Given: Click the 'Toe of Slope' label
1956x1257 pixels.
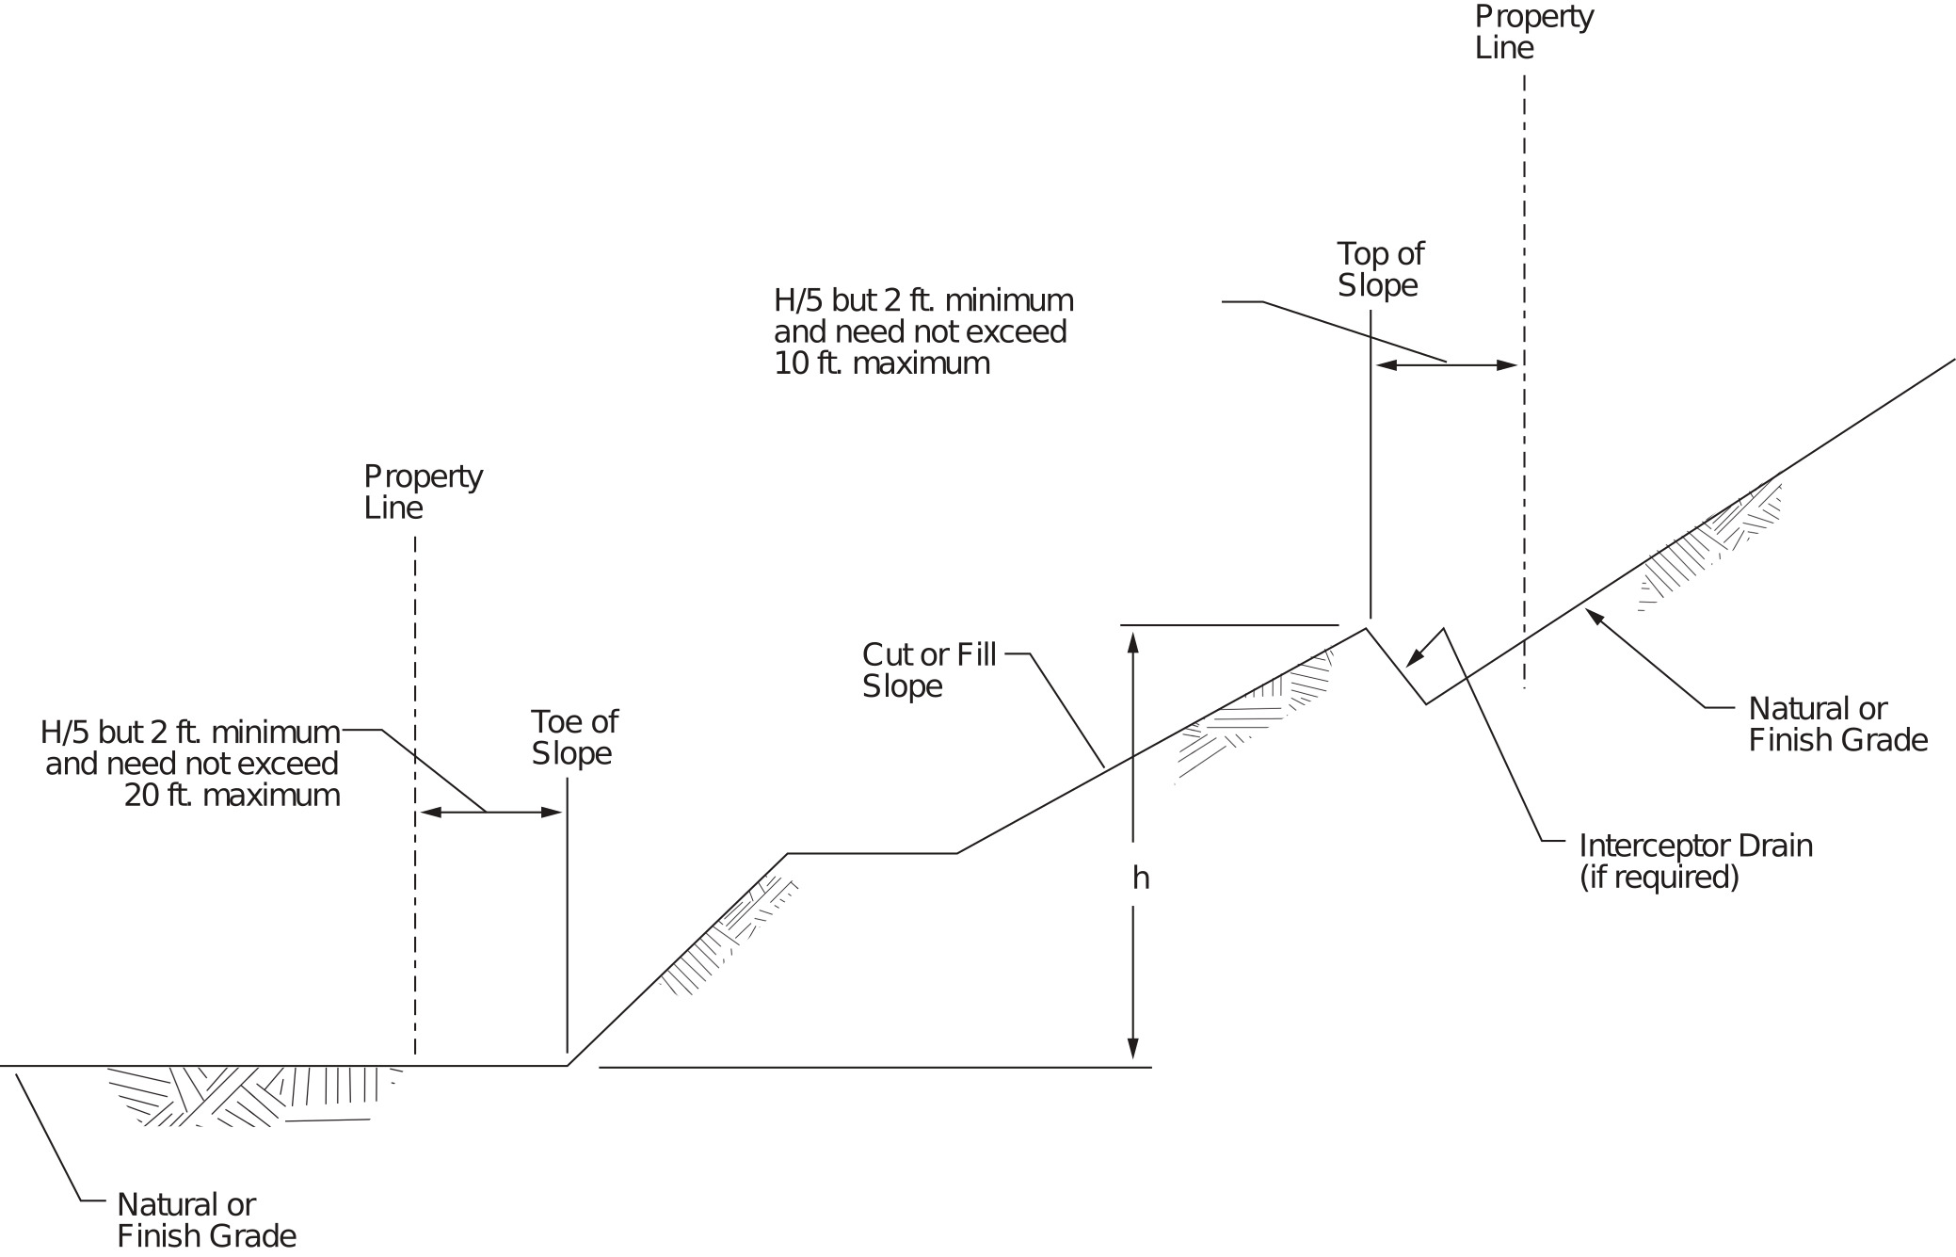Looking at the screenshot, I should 573,737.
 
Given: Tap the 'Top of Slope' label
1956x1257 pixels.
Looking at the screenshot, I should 1380,269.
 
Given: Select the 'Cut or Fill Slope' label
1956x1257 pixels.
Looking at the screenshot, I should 928,670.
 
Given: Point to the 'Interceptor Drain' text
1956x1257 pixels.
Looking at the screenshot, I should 1695,846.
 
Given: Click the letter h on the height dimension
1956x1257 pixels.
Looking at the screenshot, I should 1140,878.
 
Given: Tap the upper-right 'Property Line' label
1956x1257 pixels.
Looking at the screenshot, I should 1533,32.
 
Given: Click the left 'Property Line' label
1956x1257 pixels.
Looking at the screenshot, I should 423,492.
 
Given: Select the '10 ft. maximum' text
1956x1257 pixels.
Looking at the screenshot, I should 881,363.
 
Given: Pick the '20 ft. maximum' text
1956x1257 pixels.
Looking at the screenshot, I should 232,796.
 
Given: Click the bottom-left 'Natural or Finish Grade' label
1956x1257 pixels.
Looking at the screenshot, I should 206,1220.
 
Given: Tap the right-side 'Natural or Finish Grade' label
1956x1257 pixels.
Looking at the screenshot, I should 1837,724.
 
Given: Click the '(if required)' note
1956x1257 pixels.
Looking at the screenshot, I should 1659,878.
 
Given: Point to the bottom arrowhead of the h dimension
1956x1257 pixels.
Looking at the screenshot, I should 1133,1049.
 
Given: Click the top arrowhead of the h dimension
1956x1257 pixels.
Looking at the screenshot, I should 1133,642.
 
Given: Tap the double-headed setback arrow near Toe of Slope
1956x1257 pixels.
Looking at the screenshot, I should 490,812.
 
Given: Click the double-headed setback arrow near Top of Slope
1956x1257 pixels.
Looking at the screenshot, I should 1446,365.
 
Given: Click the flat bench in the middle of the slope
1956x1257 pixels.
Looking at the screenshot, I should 872,853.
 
